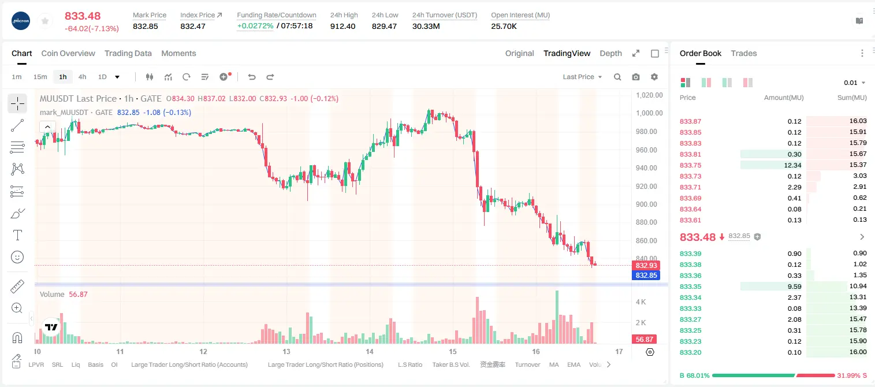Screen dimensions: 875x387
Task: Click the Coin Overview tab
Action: [68, 53]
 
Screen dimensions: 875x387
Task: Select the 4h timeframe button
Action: [82, 77]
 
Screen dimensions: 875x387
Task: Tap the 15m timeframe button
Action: [40, 77]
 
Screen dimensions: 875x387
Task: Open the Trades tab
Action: [744, 53]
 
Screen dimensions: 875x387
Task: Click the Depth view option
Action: [610, 53]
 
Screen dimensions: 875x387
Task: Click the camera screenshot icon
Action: [636, 77]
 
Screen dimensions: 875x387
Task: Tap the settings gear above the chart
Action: [654, 77]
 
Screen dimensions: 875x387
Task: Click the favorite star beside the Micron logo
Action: [45, 21]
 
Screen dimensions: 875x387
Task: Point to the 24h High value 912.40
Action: [342, 26]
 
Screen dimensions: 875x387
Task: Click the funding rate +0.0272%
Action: [255, 26]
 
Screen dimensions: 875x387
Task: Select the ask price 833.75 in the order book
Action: [690, 165]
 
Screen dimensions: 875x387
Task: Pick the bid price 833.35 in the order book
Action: [690, 286]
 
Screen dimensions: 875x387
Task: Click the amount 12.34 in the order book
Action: [792, 165]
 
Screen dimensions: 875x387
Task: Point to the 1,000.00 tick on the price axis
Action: [649, 113]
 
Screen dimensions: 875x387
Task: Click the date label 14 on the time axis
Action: [370, 351]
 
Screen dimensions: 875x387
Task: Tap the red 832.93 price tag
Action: [646, 266]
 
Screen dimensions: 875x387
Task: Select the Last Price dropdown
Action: [582, 77]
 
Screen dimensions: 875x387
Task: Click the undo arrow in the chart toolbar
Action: [252, 77]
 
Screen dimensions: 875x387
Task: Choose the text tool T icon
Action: [17, 235]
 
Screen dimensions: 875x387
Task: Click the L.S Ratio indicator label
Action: [409, 364]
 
